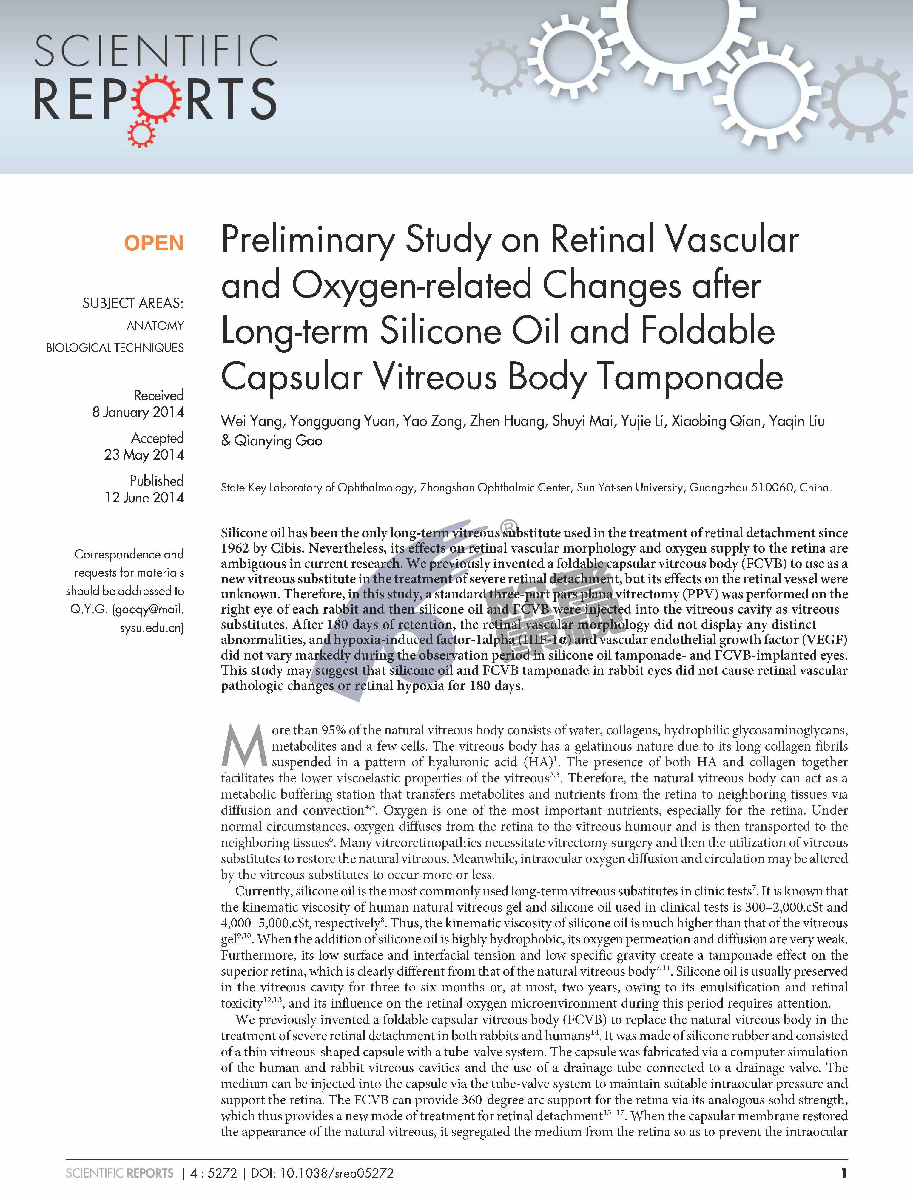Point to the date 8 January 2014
138,412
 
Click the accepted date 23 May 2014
144,454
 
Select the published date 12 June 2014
144,497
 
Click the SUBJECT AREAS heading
133,303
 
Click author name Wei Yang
251,421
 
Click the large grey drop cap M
244,744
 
